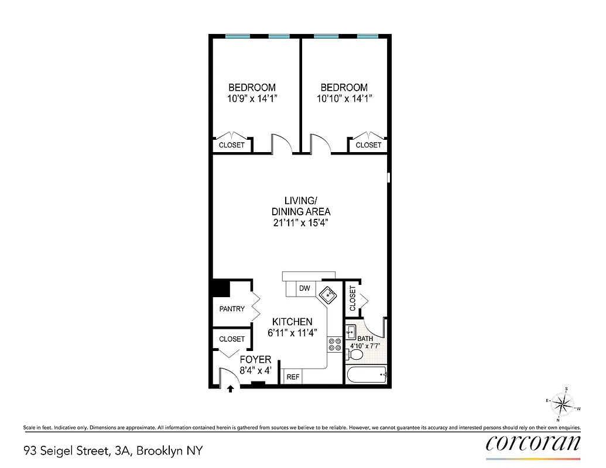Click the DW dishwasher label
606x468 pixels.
tap(304, 288)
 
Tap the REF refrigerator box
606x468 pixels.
tap(293, 377)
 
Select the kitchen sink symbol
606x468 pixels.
tap(327, 295)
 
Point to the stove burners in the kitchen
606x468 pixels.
tap(335, 345)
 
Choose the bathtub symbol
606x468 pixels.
tap(367, 374)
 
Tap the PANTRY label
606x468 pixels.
tap(232, 309)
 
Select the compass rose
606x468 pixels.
tap(563, 404)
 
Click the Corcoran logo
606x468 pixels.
tap(533, 443)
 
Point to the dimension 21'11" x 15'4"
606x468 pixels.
tap(300, 223)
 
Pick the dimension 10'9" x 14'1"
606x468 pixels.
tap(252, 99)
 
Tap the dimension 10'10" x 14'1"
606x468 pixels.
tap(344, 99)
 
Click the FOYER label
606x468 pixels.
tap(255, 360)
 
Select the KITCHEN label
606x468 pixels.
tap(292, 322)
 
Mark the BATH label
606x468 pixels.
tap(365, 339)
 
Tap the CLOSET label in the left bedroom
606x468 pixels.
tap(231, 145)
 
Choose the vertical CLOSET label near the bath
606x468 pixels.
tap(352, 298)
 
